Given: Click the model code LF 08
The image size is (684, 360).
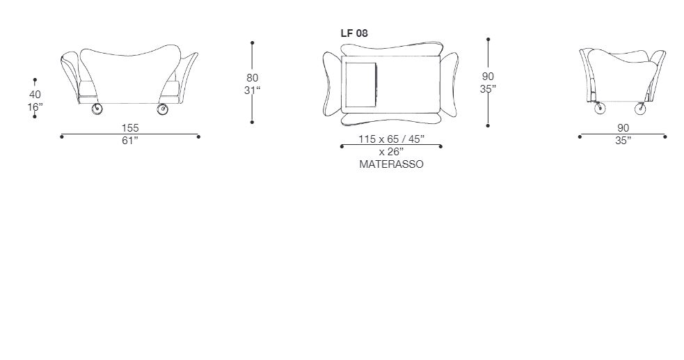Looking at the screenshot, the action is coord(353,33).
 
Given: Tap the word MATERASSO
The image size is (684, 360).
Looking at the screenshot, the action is coord(391,164).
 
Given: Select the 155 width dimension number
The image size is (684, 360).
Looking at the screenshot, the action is coord(130,128).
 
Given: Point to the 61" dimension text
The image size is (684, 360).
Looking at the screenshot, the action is coord(130,141).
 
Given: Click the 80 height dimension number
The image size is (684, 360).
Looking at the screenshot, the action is coord(252,78).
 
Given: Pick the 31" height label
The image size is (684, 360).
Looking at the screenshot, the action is coord(252,91).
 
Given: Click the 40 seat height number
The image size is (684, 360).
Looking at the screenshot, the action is coord(35,94).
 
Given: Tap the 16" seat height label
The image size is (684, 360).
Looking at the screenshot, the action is coord(35,107).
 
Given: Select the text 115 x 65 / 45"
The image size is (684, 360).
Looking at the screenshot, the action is coord(391,139).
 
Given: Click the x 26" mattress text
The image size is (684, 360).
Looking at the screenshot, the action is coord(391,152).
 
